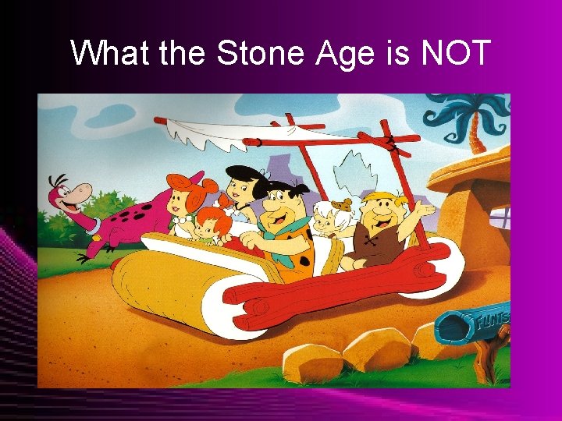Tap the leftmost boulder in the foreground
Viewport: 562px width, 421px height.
point(312,363)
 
